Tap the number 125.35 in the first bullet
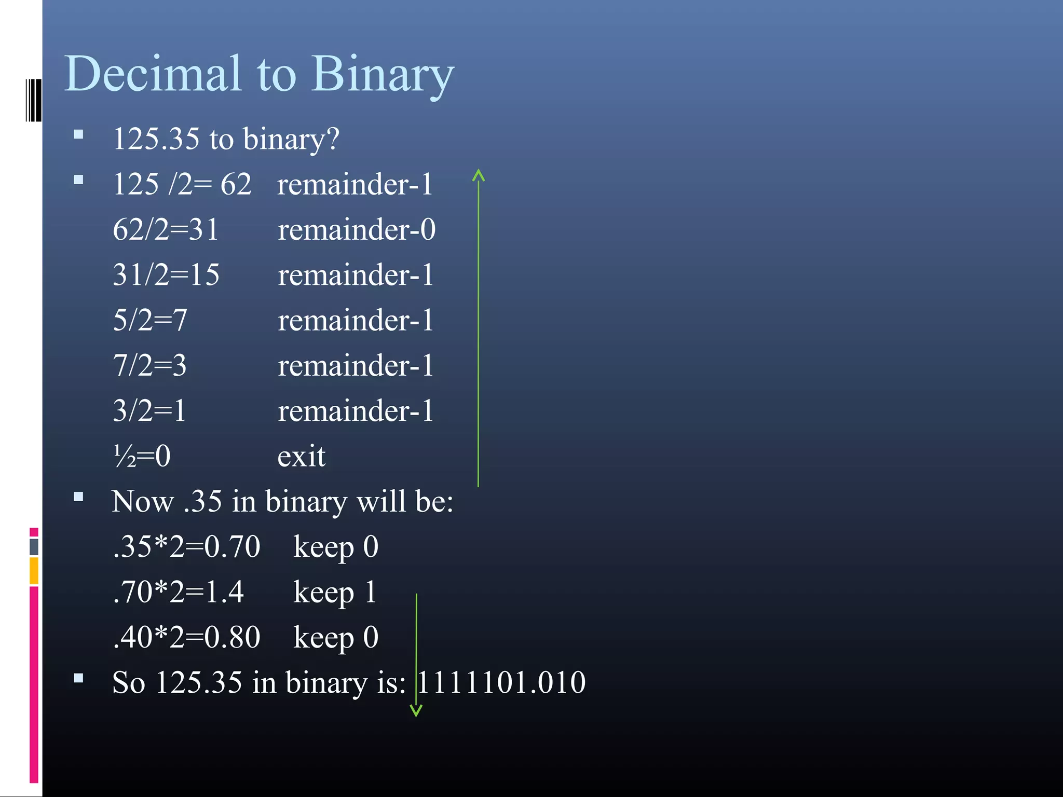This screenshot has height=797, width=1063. pos(156,139)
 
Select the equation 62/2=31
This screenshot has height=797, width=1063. pos(166,229)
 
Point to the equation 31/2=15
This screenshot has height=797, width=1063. pos(166,274)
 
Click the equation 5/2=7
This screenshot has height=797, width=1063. pos(150,320)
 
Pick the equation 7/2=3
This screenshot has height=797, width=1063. pos(150,365)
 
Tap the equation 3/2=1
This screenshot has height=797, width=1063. pos(149,410)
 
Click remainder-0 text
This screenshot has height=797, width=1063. pos(357,229)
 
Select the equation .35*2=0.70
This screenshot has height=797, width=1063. pos(186,546)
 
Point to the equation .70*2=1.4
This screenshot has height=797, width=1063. pos(178,592)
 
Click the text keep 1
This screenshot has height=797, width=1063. pos(335,592)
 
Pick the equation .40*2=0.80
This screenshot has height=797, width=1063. pos(186,637)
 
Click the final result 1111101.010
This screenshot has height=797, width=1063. pos(501,682)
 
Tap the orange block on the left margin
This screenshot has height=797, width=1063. pos(34,571)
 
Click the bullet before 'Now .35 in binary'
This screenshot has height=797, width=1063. pos(79,497)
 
